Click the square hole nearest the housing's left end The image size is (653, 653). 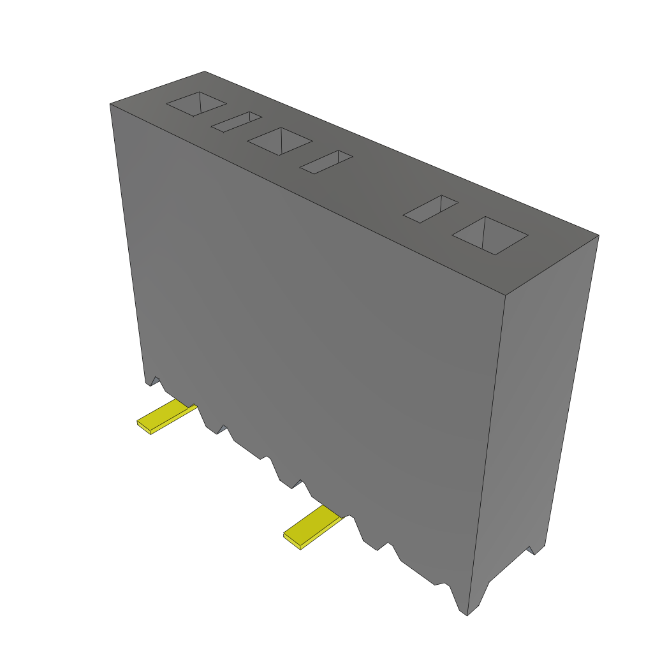[196, 104]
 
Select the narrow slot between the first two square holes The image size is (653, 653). [237, 122]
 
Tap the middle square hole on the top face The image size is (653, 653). [279, 141]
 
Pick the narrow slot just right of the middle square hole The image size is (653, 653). [326, 162]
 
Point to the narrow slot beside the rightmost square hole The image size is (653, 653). [430, 209]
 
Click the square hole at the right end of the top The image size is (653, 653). [490, 235]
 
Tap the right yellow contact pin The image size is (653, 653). [312, 526]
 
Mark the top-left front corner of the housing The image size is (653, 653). [110, 104]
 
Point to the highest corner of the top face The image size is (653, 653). [204, 71]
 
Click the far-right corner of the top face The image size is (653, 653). [598, 235]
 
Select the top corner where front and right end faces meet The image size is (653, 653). [504, 296]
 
